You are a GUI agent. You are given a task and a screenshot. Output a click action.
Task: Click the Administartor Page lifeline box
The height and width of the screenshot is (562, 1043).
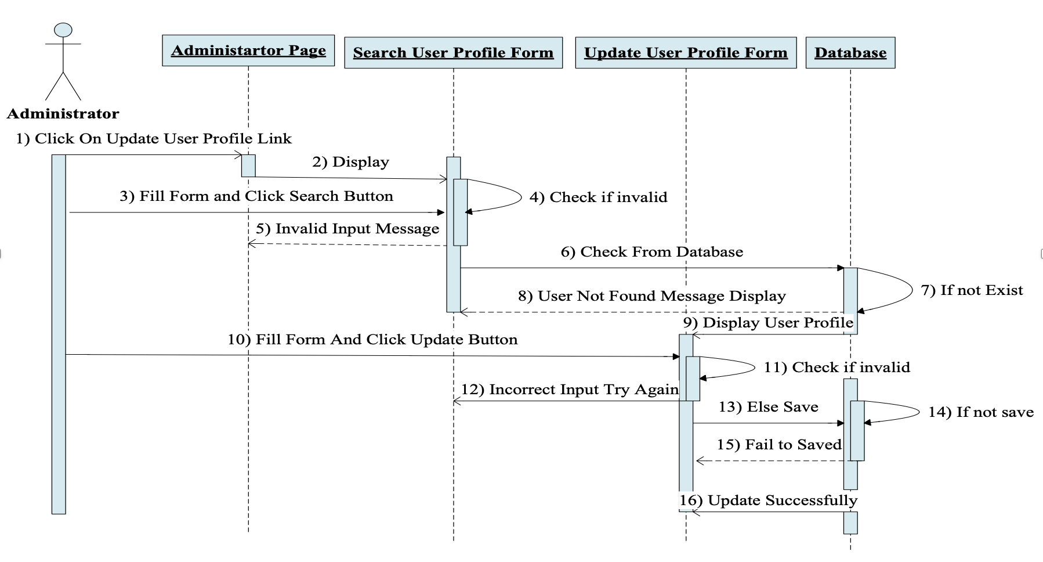[248, 51]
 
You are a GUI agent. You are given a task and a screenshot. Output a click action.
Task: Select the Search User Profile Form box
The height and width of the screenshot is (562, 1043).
[453, 53]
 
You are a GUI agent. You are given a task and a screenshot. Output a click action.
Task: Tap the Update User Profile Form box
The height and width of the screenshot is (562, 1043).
[686, 53]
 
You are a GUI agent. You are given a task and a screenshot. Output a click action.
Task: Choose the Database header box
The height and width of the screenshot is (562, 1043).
[850, 53]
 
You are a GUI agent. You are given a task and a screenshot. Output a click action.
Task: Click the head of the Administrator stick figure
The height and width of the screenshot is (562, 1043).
[63, 30]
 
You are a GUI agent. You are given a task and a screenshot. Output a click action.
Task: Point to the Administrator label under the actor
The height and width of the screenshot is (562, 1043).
[63, 114]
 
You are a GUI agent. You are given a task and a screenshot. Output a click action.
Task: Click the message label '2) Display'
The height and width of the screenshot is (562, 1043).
[350, 162]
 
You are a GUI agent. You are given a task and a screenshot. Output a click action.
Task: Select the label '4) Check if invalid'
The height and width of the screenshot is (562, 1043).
[598, 197]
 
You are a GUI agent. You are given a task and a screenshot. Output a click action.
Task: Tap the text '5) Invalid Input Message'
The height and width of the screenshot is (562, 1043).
[347, 229]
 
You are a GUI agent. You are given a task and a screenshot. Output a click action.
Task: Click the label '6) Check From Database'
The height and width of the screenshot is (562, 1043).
[651, 252]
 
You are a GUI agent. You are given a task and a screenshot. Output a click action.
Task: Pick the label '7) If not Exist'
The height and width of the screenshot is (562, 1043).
[972, 290]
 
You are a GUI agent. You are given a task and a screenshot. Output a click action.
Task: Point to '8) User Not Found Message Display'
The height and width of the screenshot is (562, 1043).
[651, 296]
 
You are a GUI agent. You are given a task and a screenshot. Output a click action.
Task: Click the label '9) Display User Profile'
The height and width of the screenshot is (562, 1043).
[768, 323]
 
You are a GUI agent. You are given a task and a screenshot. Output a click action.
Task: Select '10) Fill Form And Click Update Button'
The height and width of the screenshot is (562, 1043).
[372, 340]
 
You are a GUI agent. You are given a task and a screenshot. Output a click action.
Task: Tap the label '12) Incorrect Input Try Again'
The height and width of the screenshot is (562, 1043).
[570, 390]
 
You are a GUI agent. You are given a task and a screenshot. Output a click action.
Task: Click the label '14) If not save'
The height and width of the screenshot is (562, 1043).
[980, 412]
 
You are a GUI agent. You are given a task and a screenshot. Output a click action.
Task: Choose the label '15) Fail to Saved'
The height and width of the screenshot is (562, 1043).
[778, 445]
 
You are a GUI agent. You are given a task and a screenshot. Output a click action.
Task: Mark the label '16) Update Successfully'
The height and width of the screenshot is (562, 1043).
[768, 500]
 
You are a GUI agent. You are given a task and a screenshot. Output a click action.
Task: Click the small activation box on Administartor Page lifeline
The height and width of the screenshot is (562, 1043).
[248, 165]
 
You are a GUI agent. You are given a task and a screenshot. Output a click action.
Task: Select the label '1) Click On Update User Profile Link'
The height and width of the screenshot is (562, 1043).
[154, 139]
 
